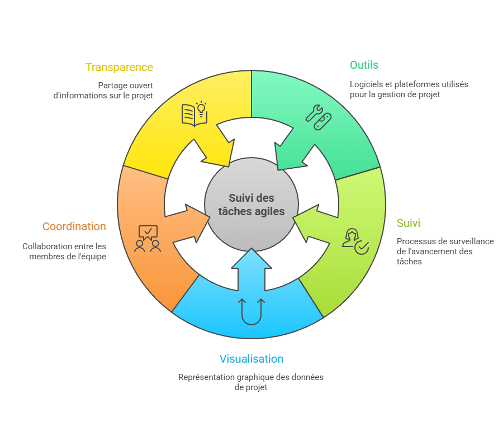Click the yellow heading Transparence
119,67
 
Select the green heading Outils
364,65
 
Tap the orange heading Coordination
74,226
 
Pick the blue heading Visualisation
251,359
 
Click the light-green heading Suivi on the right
408,223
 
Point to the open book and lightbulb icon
194,114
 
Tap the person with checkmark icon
355,241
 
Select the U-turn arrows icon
251,311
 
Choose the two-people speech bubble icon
148,239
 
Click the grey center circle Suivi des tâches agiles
251,205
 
